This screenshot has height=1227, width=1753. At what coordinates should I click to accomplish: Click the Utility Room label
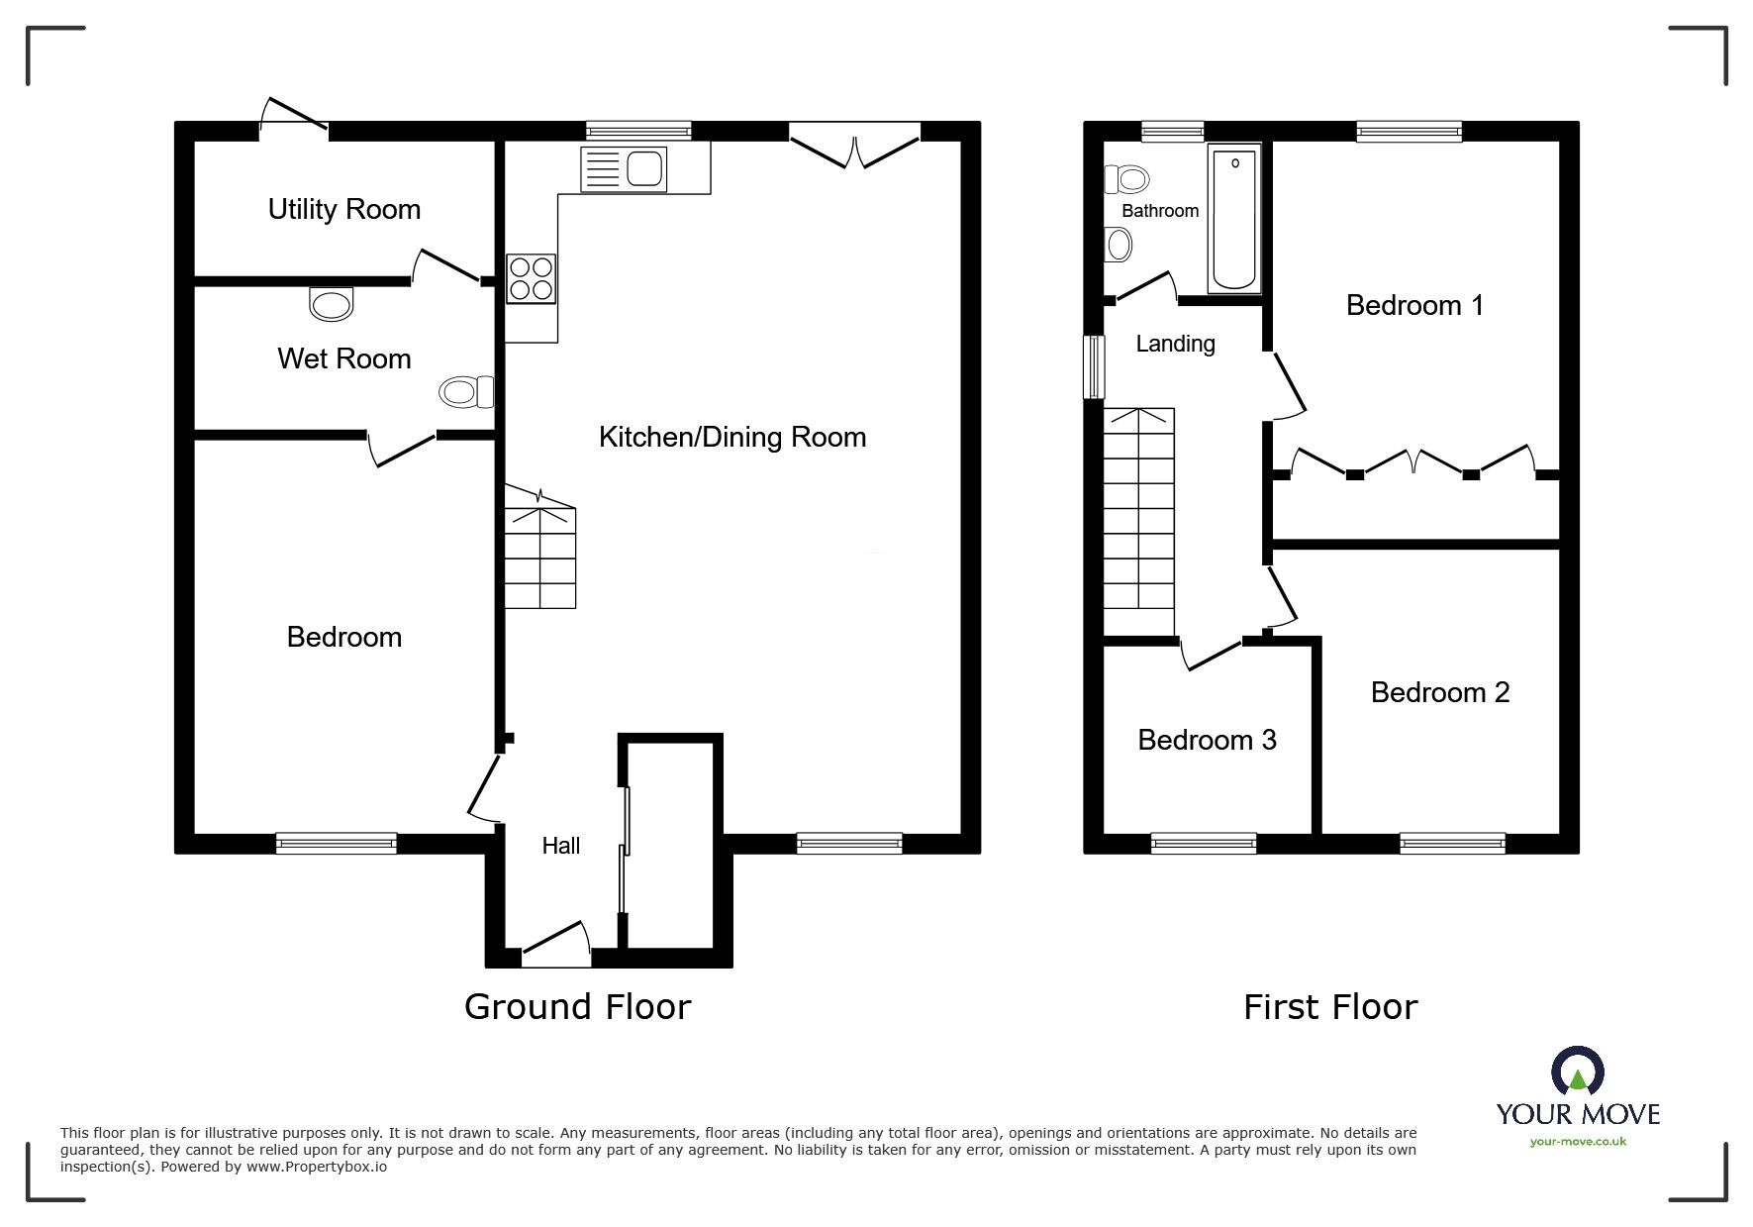tap(343, 209)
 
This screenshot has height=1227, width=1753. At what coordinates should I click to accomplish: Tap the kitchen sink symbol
tap(626, 167)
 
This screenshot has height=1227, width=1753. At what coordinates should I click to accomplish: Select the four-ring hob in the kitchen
tap(531, 278)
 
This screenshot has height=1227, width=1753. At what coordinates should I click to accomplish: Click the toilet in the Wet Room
tap(466, 392)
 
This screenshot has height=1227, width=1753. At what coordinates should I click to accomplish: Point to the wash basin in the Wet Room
tap(331, 303)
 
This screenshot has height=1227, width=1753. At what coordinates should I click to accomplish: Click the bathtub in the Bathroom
tap(1234, 218)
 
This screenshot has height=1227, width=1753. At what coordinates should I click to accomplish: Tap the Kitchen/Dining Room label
tap(731, 437)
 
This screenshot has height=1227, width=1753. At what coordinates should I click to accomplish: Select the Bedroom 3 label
tap(1207, 740)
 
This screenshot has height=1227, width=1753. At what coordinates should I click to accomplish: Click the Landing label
tap(1175, 344)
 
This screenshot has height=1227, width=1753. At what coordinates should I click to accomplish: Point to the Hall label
tap(560, 845)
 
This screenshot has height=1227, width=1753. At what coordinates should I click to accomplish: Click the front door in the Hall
tap(555, 944)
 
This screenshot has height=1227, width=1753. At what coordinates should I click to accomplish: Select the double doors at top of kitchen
tap(854, 146)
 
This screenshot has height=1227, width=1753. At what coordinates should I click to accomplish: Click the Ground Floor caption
tap(577, 1006)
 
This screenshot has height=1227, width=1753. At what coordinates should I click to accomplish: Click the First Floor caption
tap(1329, 1007)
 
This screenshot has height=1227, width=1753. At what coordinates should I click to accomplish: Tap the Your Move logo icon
tap(1577, 1072)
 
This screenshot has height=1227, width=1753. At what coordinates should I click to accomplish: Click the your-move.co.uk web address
tap(1578, 1142)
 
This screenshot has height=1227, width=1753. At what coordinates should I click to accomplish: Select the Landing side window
tap(1094, 366)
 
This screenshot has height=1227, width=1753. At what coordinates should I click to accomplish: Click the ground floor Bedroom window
tap(337, 843)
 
